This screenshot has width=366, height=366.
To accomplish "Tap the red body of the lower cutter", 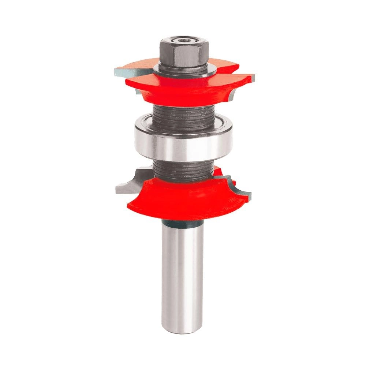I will tap(179, 199).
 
